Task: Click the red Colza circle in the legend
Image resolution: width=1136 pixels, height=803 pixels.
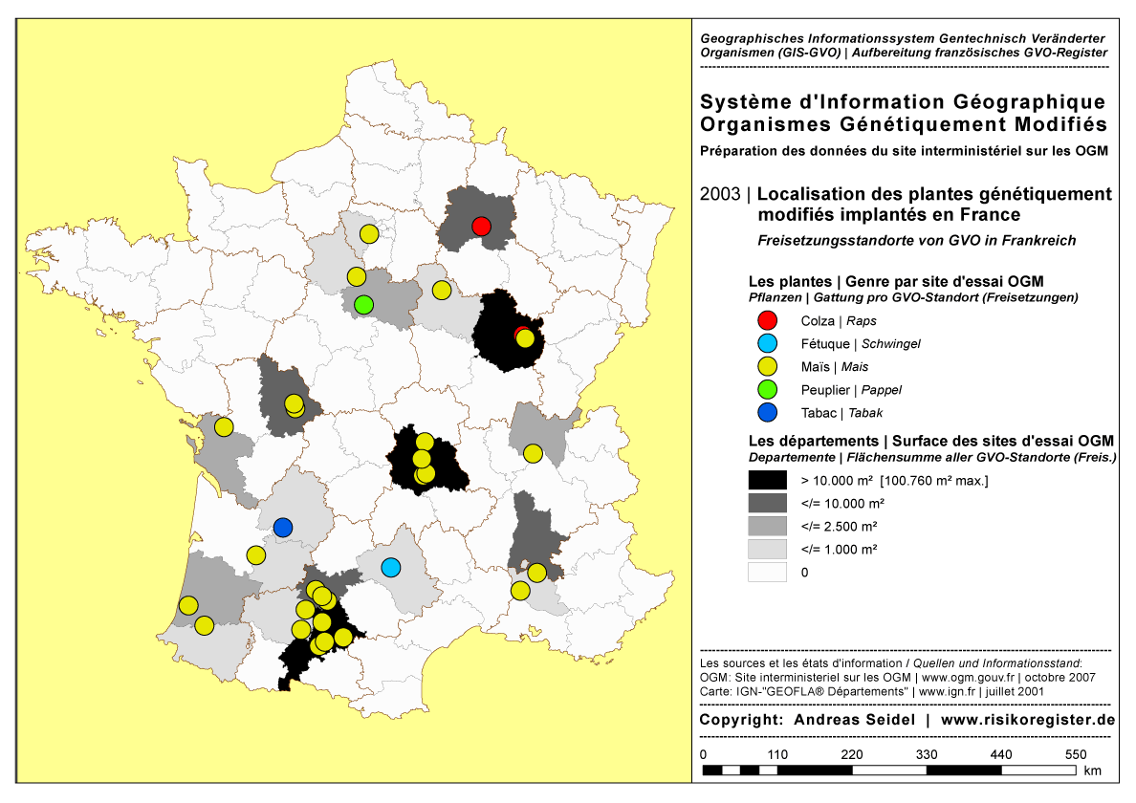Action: point(767,321)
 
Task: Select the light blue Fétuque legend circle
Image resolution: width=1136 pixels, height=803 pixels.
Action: point(767,344)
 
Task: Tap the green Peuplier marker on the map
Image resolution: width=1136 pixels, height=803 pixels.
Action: point(363,305)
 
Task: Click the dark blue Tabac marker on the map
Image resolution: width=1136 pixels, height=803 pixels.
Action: point(282,527)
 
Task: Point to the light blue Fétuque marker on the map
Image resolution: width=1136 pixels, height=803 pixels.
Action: point(390,567)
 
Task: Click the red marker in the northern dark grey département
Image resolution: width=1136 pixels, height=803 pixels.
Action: point(481,226)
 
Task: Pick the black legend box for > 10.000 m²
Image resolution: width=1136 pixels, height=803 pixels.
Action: point(767,479)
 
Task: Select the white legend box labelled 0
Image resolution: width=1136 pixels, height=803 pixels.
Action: point(767,572)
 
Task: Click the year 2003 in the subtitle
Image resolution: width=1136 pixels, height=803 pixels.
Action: point(720,194)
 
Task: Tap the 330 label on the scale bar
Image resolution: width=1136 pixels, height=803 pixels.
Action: point(927,754)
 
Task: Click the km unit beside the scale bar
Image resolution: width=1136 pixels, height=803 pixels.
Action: point(1093,770)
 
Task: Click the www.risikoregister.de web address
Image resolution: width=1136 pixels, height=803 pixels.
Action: point(1028,720)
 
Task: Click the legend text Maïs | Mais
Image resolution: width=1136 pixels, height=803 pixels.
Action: point(833,367)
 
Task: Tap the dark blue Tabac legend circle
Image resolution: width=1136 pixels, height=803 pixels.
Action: point(767,413)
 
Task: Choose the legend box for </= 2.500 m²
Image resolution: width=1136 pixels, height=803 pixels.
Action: point(767,525)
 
